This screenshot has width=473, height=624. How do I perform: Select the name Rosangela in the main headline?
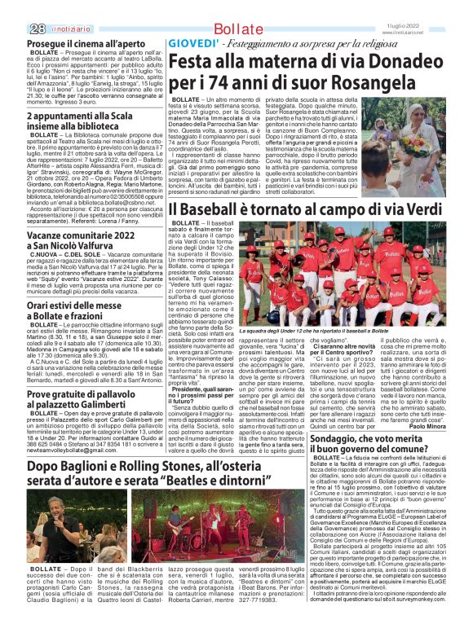point(396,82)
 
